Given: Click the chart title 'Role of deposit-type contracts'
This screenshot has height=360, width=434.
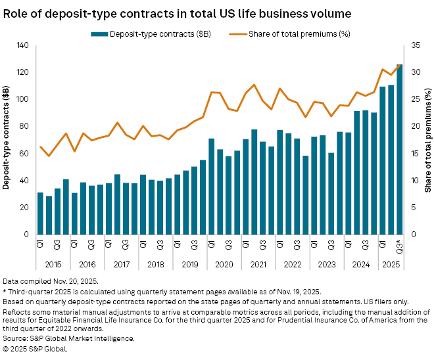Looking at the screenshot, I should click(x=177, y=12).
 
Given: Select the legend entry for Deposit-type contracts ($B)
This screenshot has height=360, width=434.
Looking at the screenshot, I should click(x=149, y=34).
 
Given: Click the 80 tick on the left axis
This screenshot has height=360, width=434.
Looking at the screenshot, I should click(x=26, y=126).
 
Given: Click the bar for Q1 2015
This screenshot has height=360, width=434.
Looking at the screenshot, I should click(x=40, y=214).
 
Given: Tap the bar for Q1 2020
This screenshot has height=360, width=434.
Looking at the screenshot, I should click(x=211, y=187).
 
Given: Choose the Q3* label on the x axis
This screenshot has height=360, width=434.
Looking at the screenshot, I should click(x=399, y=247).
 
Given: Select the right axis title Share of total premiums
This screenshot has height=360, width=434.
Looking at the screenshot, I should click(x=427, y=139).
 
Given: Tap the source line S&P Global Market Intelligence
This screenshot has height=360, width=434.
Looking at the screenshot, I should click(x=68, y=338).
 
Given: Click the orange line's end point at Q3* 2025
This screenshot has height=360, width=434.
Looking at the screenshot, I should click(x=399, y=65).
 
